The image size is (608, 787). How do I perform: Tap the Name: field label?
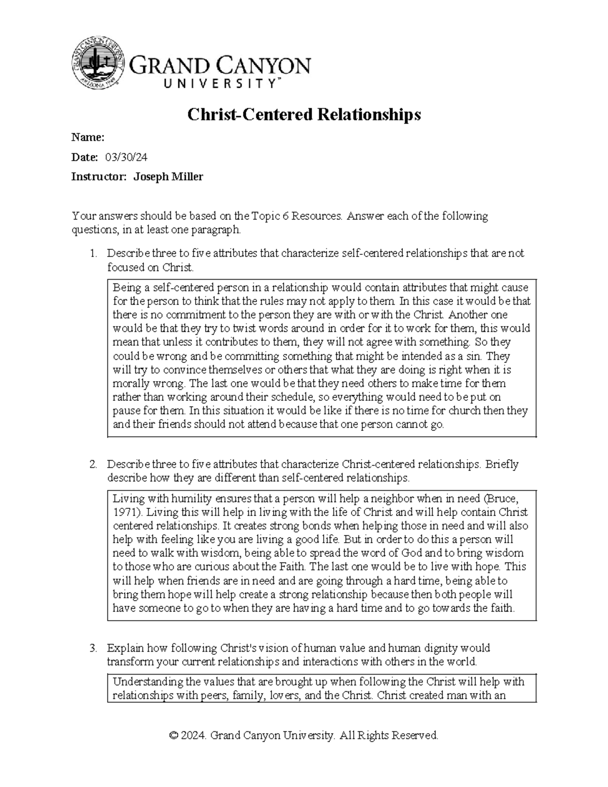pyautogui.click(x=88, y=137)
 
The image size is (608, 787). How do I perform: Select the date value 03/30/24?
pyautogui.click(x=126, y=158)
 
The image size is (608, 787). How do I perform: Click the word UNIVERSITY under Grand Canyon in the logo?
pyautogui.click(x=220, y=85)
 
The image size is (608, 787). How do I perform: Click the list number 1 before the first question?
pyautogui.click(x=92, y=253)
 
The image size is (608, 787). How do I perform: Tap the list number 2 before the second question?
pyautogui.click(x=92, y=465)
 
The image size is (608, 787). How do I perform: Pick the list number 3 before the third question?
pyautogui.click(x=92, y=649)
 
